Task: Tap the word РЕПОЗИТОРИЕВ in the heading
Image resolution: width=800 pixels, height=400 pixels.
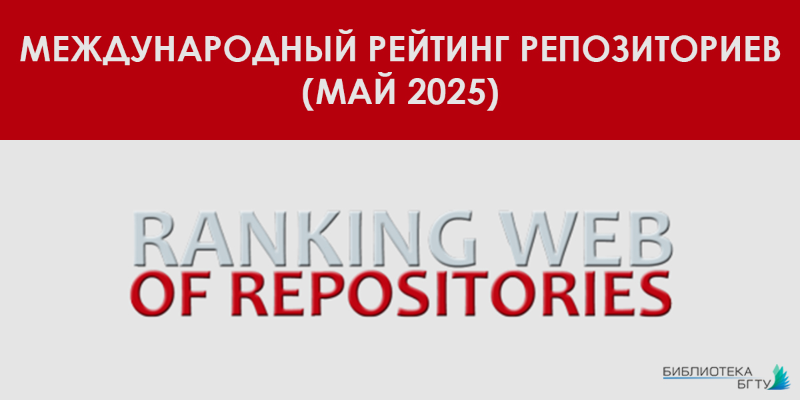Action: click(x=651, y=49)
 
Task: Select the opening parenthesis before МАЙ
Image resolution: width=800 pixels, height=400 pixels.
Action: click(x=308, y=92)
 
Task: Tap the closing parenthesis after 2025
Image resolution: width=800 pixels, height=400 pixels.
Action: click(x=493, y=92)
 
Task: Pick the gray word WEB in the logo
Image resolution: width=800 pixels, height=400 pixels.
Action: click(x=586, y=239)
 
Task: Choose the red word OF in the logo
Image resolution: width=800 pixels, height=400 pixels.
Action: click(x=169, y=293)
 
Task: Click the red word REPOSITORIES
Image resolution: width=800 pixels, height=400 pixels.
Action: click(x=451, y=293)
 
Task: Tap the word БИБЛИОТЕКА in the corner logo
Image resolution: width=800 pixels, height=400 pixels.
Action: click(x=707, y=371)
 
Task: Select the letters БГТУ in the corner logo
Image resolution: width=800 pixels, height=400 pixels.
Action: click(x=754, y=384)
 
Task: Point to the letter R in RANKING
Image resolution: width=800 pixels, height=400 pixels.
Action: click(x=155, y=239)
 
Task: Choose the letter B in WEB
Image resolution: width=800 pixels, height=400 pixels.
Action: click(x=649, y=239)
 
